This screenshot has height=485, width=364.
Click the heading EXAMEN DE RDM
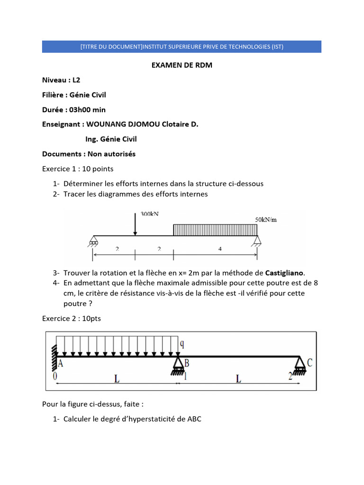pos(182,65)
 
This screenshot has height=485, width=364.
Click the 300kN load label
pos(150,214)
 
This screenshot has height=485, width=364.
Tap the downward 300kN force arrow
pos(136,224)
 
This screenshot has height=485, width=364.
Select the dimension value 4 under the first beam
pos(220,249)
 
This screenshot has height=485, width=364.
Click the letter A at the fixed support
pos(61,364)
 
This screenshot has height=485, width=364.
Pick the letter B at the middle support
pos(188,364)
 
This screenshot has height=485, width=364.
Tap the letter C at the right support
pos(309,362)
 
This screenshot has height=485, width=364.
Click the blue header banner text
pos(182,46)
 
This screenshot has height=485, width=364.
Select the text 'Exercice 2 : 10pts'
pos(72,319)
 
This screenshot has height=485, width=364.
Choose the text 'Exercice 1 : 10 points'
pos(78,169)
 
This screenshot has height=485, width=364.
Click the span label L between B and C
pos(239,379)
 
